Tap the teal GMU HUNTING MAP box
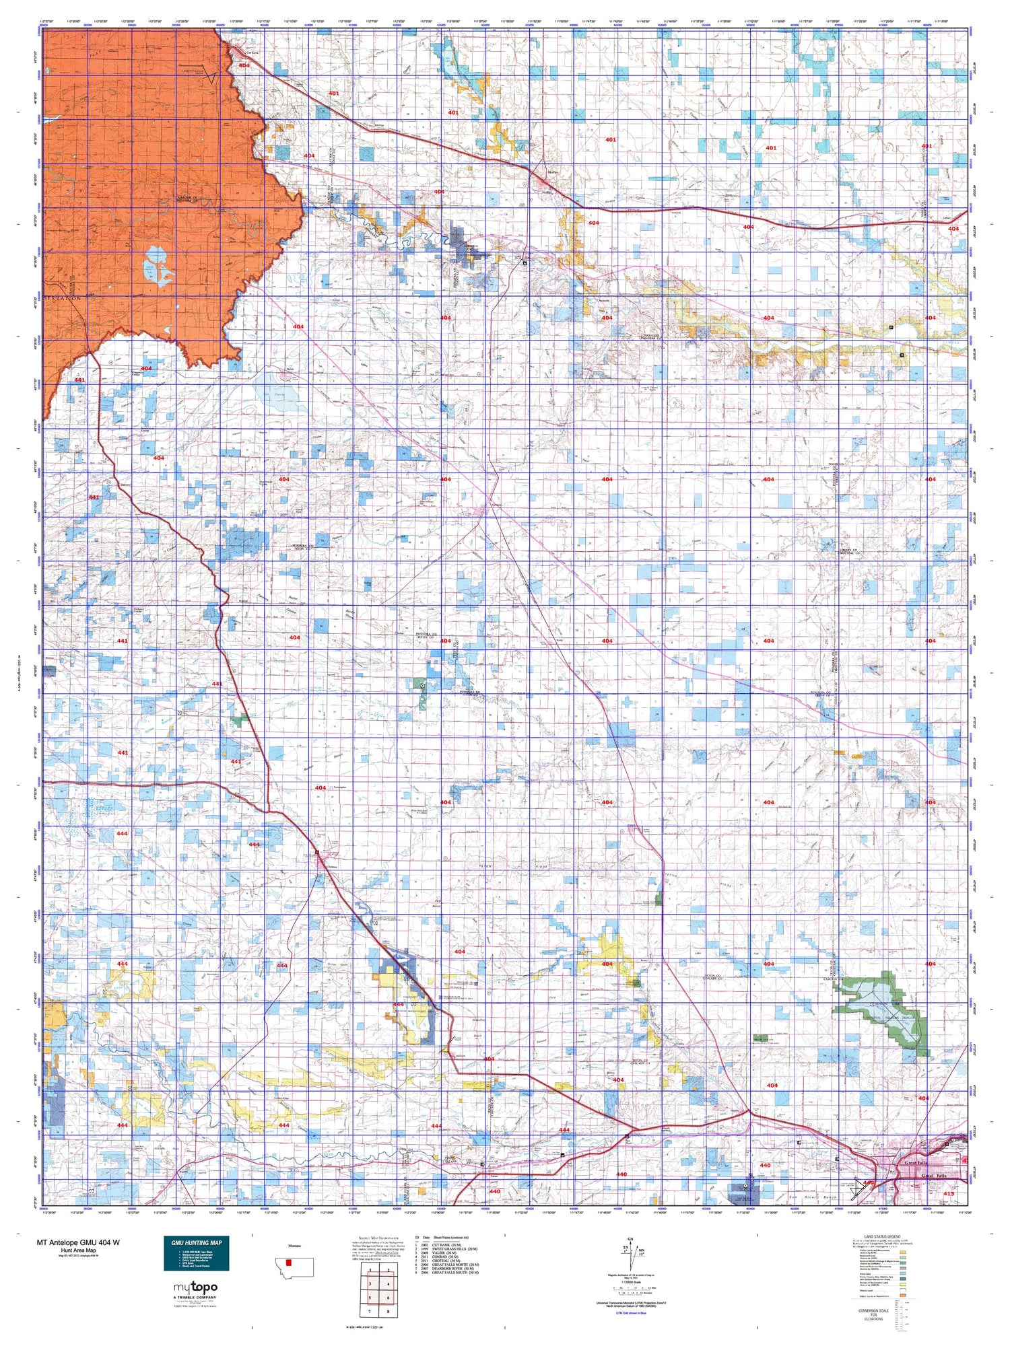[x=196, y=1253]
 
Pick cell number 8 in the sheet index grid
[x=388, y=1311]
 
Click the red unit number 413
[x=949, y=1193]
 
